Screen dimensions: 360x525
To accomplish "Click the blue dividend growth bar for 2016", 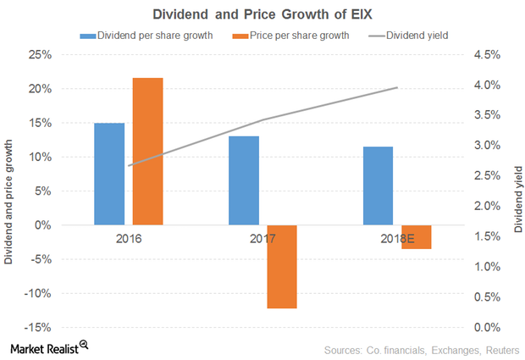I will (x=108, y=174).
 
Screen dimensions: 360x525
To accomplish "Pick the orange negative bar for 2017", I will (x=281, y=267).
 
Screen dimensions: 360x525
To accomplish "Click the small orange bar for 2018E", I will (x=417, y=237).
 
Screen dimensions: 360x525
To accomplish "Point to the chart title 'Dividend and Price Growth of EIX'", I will (x=262, y=14).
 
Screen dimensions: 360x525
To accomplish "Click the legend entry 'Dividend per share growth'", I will (x=151, y=36).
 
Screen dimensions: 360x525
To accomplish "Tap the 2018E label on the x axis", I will (x=395, y=239).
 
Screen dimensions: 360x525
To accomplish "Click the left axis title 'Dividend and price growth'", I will (x=10, y=191).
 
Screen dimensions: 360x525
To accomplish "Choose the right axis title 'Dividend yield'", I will (x=516, y=191).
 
